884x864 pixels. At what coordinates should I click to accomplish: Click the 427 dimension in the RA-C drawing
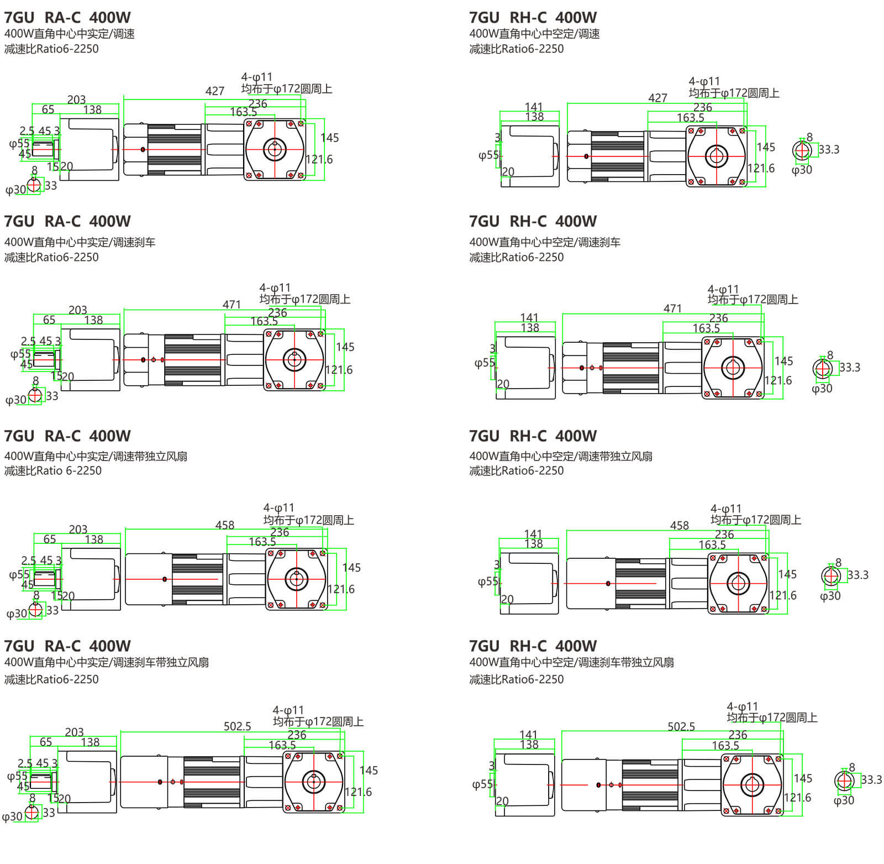coord(215,91)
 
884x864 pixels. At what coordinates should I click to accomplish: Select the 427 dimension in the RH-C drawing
coord(657,98)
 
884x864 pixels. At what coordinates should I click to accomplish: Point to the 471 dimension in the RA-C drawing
coord(231,305)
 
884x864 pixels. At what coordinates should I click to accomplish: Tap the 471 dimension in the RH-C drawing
coord(672,308)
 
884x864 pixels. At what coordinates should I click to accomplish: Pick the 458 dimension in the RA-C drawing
coord(225,525)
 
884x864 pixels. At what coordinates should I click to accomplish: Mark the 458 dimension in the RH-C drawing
coord(680,525)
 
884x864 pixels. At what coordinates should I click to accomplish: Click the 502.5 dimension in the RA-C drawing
coord(237,726)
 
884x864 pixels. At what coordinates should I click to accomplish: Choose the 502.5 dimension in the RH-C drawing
coord(681,726)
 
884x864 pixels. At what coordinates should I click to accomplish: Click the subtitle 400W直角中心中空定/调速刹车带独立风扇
coord(571,662)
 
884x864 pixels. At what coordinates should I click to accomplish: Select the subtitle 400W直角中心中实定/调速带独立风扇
coord(96,456)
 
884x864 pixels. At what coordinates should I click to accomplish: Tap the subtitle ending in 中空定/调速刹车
coord(545,242)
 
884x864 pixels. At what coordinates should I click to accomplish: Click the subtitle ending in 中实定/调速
coord(69,34)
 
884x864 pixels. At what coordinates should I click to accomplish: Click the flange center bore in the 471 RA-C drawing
coord(294,360)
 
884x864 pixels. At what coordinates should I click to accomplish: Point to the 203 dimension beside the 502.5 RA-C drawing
coord(75,732)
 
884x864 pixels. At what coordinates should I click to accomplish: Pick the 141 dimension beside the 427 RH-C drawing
coord(534,107)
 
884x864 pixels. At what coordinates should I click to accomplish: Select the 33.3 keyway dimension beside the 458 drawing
coord(857,575)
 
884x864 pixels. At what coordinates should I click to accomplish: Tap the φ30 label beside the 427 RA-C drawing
coord(15,190)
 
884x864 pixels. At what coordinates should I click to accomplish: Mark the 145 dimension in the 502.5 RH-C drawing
coord(803,778)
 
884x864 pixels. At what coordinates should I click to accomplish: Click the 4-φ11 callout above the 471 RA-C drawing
coord(275,288)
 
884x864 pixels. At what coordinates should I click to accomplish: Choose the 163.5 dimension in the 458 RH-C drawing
coord(712,545)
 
